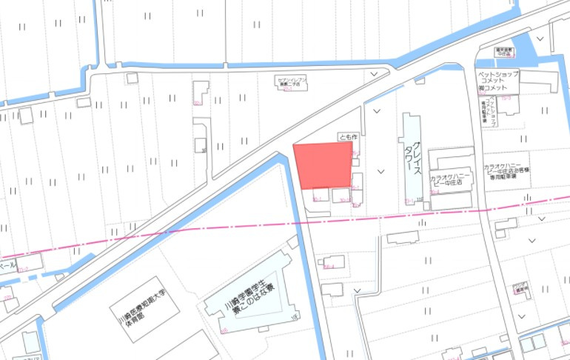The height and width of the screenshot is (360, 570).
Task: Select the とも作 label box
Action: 347,137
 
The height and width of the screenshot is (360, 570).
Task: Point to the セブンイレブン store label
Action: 286,81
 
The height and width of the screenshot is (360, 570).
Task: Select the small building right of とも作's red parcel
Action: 358,182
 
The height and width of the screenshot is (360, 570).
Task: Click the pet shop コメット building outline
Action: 509,104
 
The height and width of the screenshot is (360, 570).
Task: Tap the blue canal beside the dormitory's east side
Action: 319,296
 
